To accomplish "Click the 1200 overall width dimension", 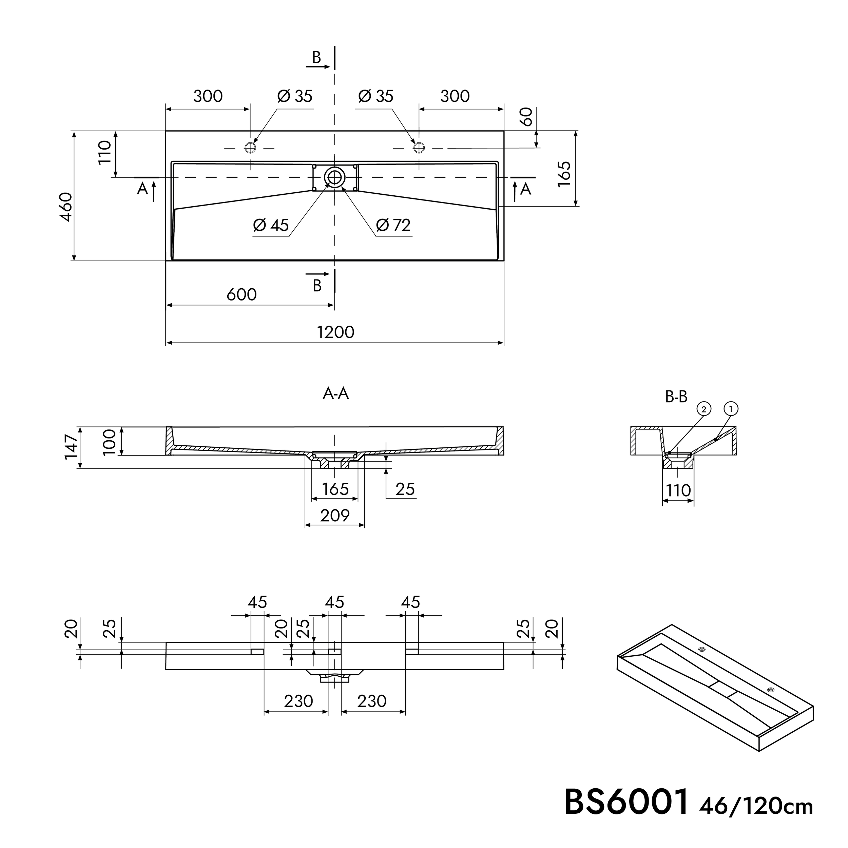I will (335, 332).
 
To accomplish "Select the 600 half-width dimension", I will (242, 294).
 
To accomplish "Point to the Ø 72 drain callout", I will (393, 225).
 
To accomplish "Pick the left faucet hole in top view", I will (250, 148).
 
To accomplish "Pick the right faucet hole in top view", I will (419, 148).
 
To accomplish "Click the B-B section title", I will (676, 397).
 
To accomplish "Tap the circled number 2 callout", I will (704, 409).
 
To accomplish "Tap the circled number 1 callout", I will (731, 409).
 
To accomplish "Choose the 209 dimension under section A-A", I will (335, 515).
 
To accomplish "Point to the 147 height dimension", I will (71, 447).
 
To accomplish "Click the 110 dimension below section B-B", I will (678, 490).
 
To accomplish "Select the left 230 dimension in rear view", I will (298, 701).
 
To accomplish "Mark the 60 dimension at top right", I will (527, 116).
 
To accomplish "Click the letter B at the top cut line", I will (316, 58).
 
